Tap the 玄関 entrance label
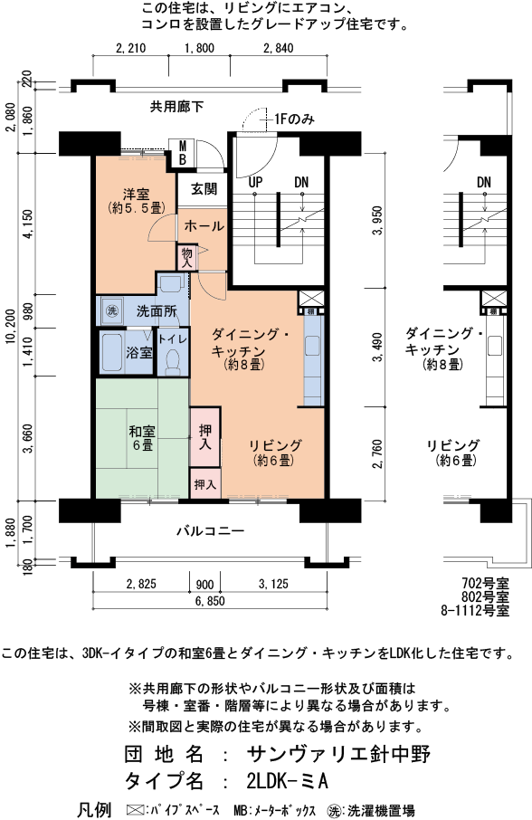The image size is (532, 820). (204, 189)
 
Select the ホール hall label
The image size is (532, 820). (204, 225)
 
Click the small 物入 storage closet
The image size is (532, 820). (187, 257)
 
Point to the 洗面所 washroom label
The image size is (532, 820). (156, 310)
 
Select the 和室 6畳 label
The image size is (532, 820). (139, 438)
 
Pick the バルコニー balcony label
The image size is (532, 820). (209, 531)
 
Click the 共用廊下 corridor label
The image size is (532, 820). (176, 107)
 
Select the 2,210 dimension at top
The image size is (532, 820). (132, 48)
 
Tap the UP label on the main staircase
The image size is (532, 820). (256, 182)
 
